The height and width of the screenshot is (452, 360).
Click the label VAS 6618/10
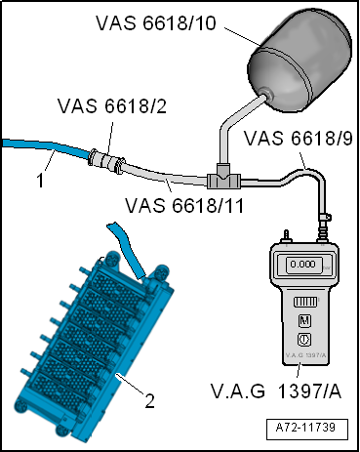156,23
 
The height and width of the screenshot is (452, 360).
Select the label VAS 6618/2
112,106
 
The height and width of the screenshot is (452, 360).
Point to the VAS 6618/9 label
299,138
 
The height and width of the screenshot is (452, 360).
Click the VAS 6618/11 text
184,206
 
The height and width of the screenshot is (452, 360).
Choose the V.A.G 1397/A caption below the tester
276,391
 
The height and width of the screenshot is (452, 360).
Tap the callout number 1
40,181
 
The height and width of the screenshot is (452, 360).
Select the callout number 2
149,401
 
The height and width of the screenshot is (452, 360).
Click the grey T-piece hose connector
223,178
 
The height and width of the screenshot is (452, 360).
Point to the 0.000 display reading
303,265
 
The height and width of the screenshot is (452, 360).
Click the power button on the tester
304,340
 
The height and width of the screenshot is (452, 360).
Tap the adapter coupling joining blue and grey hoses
106,159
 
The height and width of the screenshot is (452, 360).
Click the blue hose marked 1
45,147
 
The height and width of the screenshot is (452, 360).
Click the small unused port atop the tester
287,236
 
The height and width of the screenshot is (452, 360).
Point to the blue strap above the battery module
126,250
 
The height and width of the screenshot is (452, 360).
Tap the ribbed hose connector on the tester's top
323,228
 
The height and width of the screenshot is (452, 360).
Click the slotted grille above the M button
305,302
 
